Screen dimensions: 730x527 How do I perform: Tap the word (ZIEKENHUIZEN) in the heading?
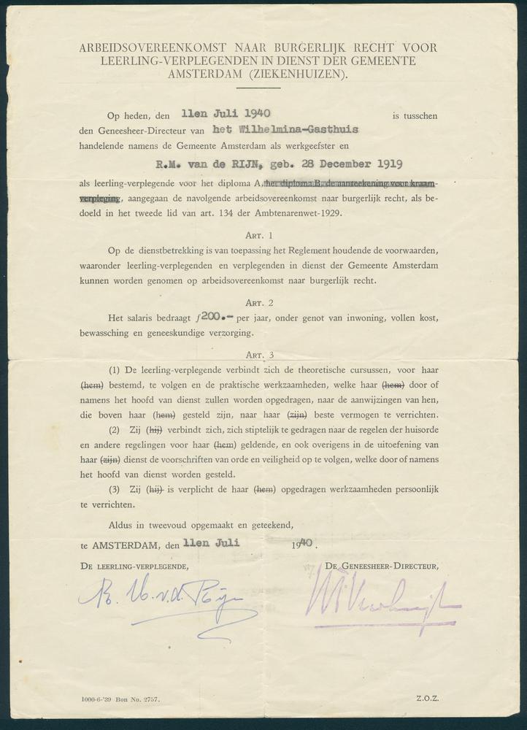pos(301,74)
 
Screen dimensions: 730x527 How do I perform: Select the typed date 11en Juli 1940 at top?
pos(226,113)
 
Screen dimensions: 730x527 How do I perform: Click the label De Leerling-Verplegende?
pos(136,566)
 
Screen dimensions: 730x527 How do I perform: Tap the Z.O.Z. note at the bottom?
pos(428,699)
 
